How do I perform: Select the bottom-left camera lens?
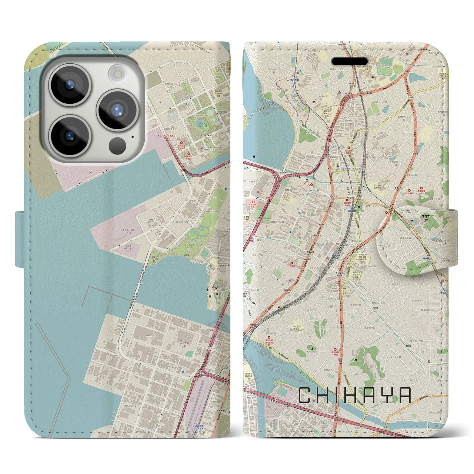pos(70,136)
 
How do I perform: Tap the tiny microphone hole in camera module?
pos(132,137)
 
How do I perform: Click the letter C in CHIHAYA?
pos(306,395)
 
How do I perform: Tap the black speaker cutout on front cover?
pos(349,61)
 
